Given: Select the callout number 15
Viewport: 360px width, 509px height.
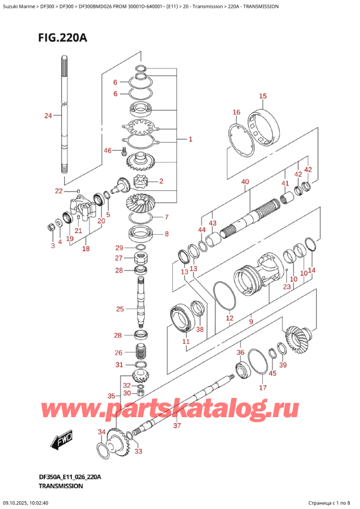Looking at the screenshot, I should point(262,96).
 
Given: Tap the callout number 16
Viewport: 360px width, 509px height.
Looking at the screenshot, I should point(236,112).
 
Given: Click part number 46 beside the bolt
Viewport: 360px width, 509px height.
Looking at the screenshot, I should point(108,151).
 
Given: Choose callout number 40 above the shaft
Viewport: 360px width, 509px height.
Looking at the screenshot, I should point(245,181).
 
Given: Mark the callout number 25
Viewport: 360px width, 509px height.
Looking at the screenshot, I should point(120,309).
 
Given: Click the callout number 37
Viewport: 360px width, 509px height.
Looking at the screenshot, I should point(176,426).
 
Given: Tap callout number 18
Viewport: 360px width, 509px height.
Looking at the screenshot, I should point(86,248).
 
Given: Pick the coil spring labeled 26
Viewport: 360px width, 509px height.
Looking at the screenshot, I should point(143,353).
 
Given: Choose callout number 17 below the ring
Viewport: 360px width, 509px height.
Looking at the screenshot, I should point(262,388).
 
